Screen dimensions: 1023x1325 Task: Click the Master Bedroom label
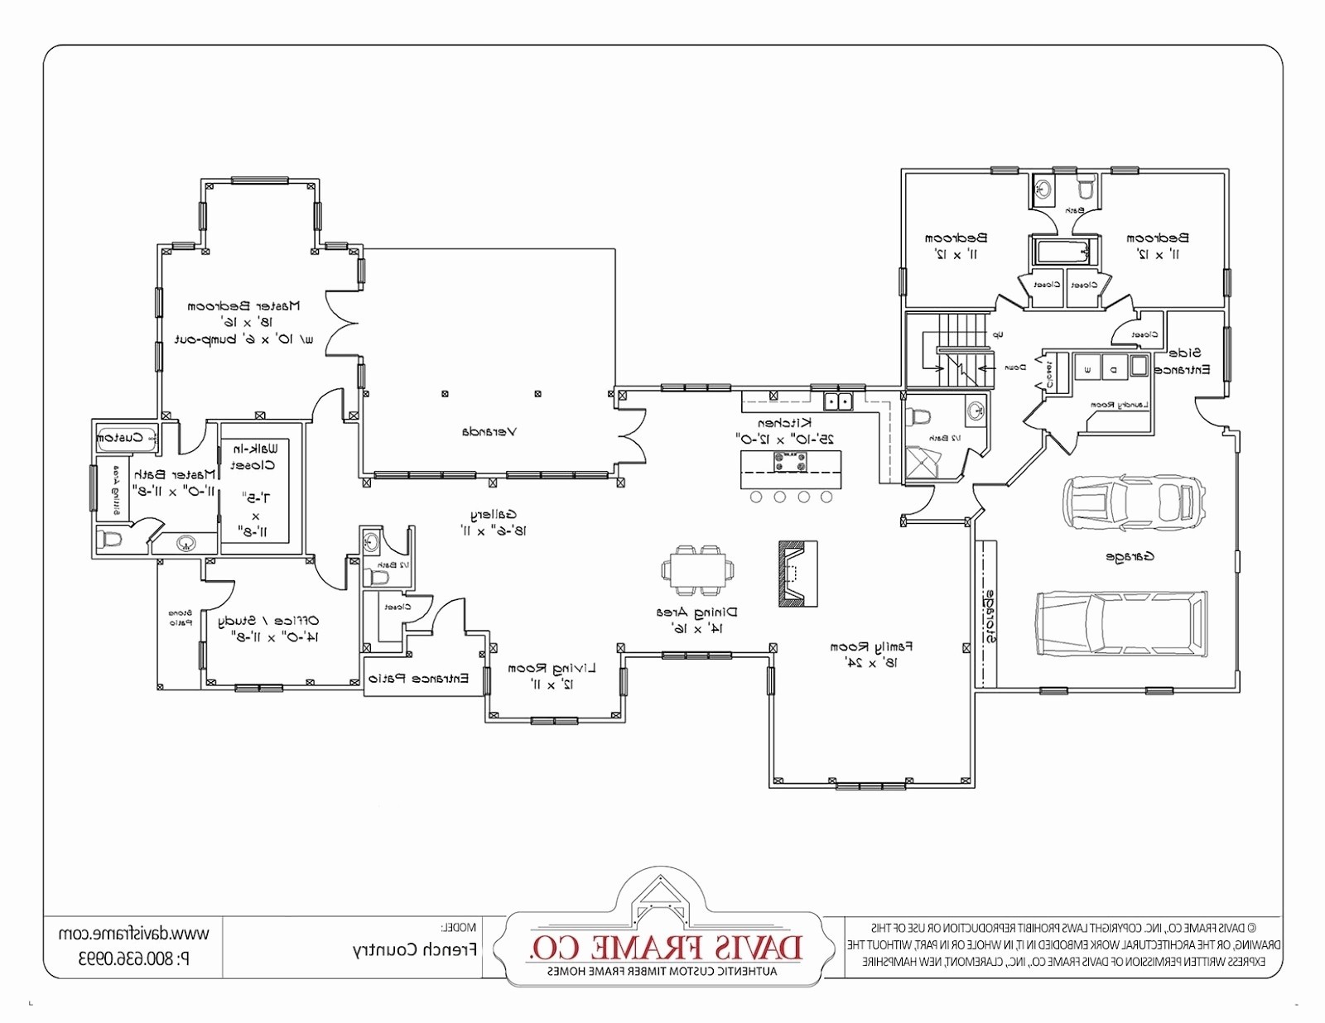click(243, 306)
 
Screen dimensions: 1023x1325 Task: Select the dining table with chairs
click(697, 570)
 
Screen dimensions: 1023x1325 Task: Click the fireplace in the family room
click(797, 574)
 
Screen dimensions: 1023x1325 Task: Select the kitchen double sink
click(839, 402)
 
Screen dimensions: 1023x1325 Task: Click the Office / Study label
click(268, 621)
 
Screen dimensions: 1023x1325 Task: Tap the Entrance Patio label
click(418, 679)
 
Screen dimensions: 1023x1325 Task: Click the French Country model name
click(414, 950)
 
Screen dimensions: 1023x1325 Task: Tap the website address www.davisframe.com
click(133, 934)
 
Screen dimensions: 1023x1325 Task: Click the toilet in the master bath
click(110, 540)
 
